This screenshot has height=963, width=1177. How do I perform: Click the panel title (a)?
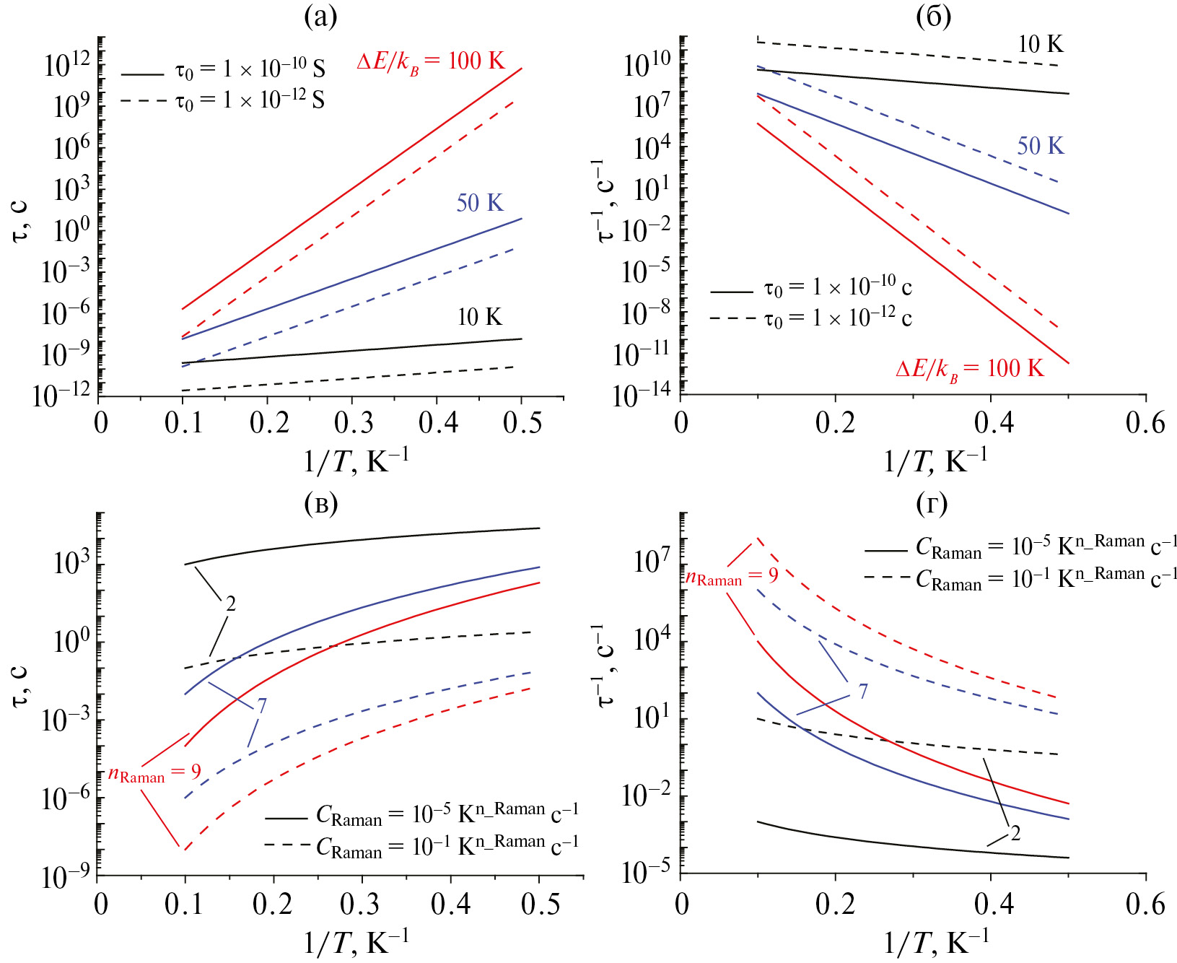pos(320,16)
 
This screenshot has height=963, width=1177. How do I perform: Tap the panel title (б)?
pos(933,16)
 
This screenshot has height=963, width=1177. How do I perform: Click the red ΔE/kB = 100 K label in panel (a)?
pos(431,62)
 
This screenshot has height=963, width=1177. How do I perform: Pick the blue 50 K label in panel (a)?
pos(479,203)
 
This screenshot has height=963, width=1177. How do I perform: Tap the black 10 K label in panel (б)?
pos(1040,44)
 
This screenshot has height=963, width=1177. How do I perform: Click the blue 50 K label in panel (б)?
pos(1040,146)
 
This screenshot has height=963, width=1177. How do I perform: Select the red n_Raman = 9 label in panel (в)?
pos(154,774)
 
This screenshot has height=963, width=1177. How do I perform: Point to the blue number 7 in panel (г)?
pos(863,692)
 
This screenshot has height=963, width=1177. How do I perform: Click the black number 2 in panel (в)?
pos(230,603)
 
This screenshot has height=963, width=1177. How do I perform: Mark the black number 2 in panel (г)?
pos(1015,834)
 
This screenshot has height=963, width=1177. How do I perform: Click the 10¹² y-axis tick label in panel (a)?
pos(68,66)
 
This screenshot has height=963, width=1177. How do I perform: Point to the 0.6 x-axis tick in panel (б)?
pos(1145,422)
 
